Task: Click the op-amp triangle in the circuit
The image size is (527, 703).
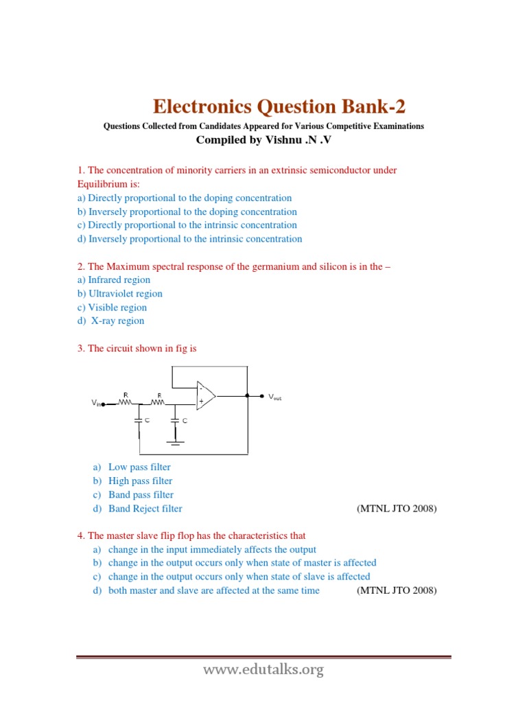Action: [x=205, y=395]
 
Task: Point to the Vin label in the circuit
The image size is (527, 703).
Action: [x=95, y=404]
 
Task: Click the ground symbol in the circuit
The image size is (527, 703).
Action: [x=176, y=442]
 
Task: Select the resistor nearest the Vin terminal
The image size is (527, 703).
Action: [x=126, y=402]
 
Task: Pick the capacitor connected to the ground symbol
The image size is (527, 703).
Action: [x=176, y=419]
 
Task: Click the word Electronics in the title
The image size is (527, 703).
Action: [x=201, y=107]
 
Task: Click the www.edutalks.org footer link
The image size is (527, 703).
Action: [x=263, y=670]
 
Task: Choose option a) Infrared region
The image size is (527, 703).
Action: [x=113, y=280]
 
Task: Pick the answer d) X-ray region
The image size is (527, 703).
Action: [x=110, y=321]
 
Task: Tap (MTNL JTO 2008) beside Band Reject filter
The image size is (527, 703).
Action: [x=397, y=509]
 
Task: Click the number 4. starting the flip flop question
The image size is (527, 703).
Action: [x=80, y=535]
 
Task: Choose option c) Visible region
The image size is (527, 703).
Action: [x=112, y=308]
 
